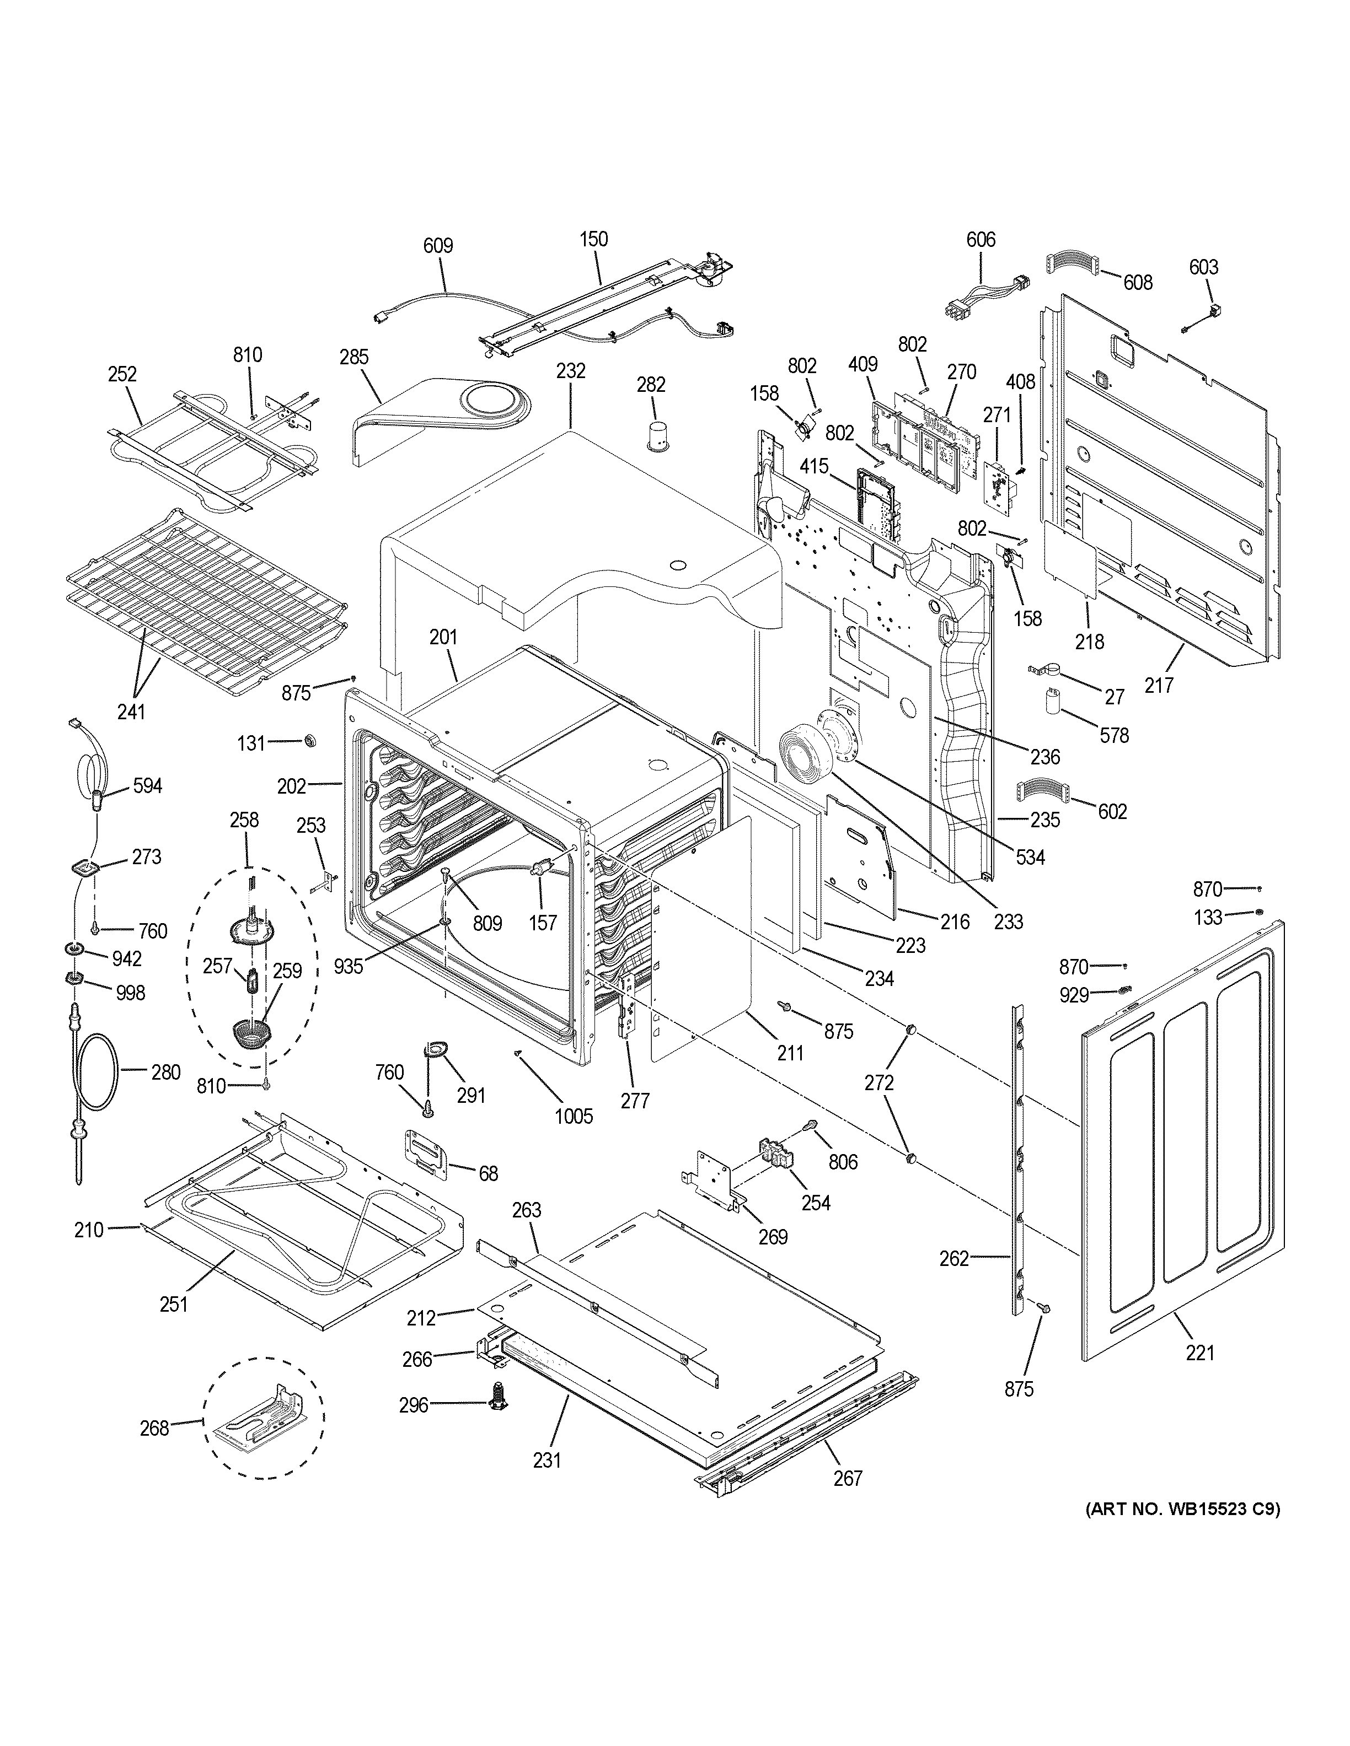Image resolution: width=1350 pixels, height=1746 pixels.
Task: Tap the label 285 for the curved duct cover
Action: (x=353, y=357)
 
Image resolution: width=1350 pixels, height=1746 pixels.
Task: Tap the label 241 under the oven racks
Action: (x=131, y=711)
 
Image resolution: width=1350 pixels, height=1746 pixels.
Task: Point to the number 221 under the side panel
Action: (x=1199, y=1352)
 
